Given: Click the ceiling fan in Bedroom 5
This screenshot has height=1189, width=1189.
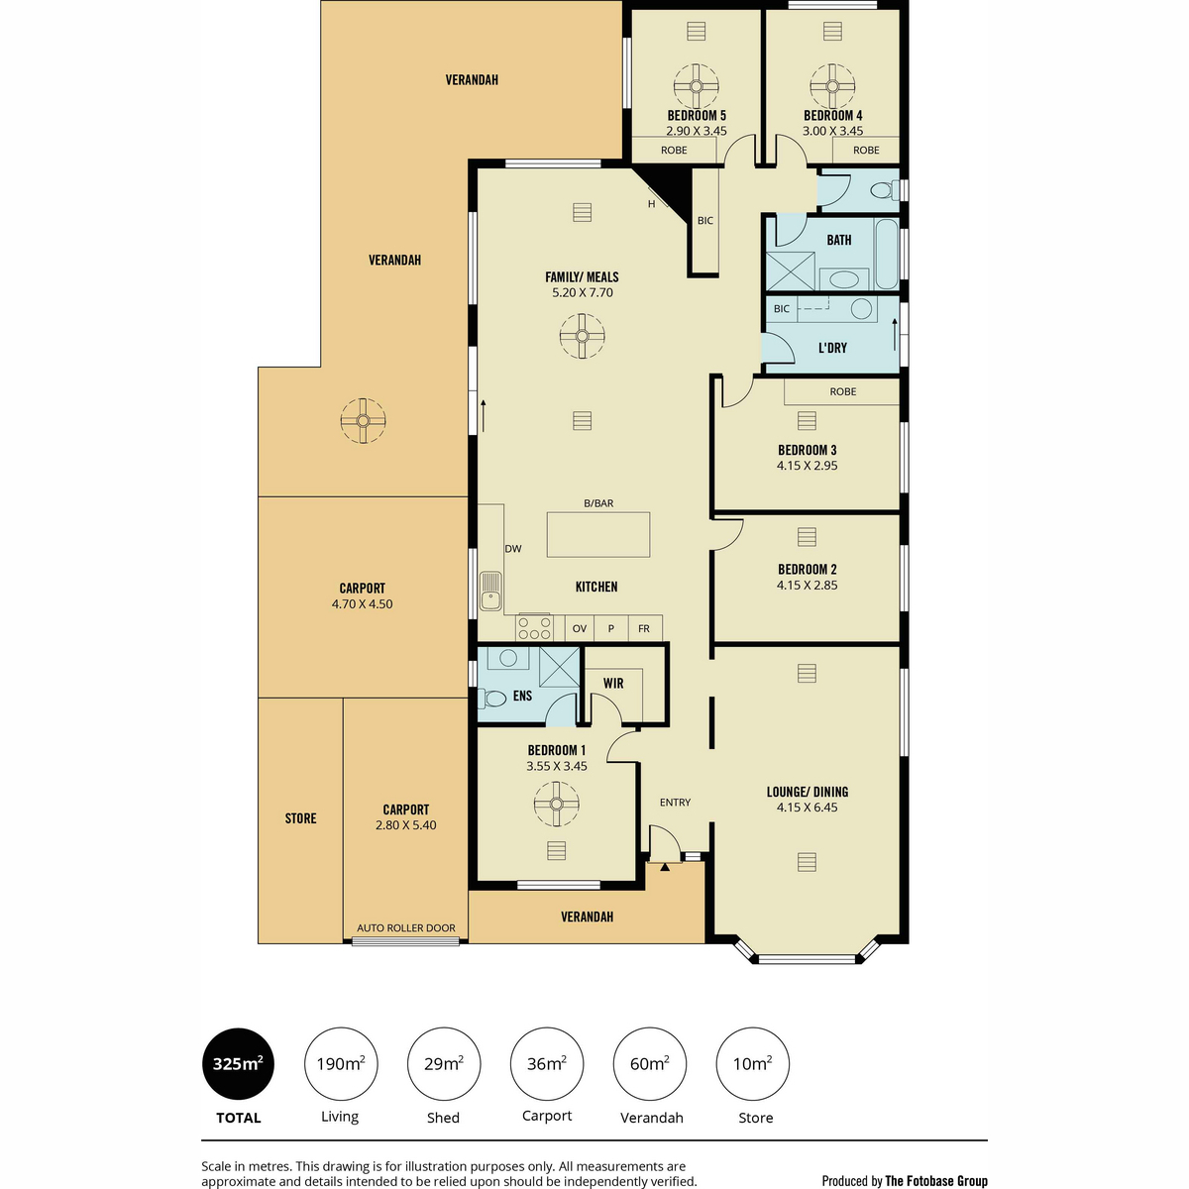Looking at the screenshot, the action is [x=696, y=86].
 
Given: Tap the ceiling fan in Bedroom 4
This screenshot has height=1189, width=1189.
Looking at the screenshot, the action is [x=832, y=86].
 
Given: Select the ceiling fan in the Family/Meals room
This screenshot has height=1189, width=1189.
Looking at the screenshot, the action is [x=582, y=336].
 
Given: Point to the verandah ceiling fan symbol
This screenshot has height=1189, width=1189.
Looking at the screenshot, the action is [x=363, y=421].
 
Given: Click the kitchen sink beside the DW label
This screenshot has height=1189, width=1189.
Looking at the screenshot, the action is [x=491, y=591].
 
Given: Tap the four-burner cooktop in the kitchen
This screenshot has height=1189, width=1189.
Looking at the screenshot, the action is [x=534, y=628].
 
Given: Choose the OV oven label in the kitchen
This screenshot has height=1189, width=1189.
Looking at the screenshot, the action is [x=580, y=629].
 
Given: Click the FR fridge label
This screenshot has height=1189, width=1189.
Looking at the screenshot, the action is [x=644, y=629].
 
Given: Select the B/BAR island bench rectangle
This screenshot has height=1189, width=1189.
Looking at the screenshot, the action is [x=597, y=535].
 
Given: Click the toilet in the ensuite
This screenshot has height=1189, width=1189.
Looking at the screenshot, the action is [x=492, y=699].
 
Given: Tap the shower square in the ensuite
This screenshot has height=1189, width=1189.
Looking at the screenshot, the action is [x=560, y=667].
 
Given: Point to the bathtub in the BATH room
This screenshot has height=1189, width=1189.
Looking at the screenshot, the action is [x=886, y=254].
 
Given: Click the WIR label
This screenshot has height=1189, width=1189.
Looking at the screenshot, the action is [x=613, y=684].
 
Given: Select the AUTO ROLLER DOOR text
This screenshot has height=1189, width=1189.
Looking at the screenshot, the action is [x=406, y=928].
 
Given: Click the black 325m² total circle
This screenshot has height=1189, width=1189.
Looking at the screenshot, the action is [x=238, y=1064].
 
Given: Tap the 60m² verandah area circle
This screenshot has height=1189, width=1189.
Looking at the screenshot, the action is [x=650, y=1064].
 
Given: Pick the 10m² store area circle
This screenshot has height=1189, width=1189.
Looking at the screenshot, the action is [x=753, y=1064].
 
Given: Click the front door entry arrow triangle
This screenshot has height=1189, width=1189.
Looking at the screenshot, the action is [x=665, y=867].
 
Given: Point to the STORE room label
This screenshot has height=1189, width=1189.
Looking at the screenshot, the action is [x=300, y=818].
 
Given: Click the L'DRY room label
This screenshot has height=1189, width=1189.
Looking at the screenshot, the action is [x=832, y=348].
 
